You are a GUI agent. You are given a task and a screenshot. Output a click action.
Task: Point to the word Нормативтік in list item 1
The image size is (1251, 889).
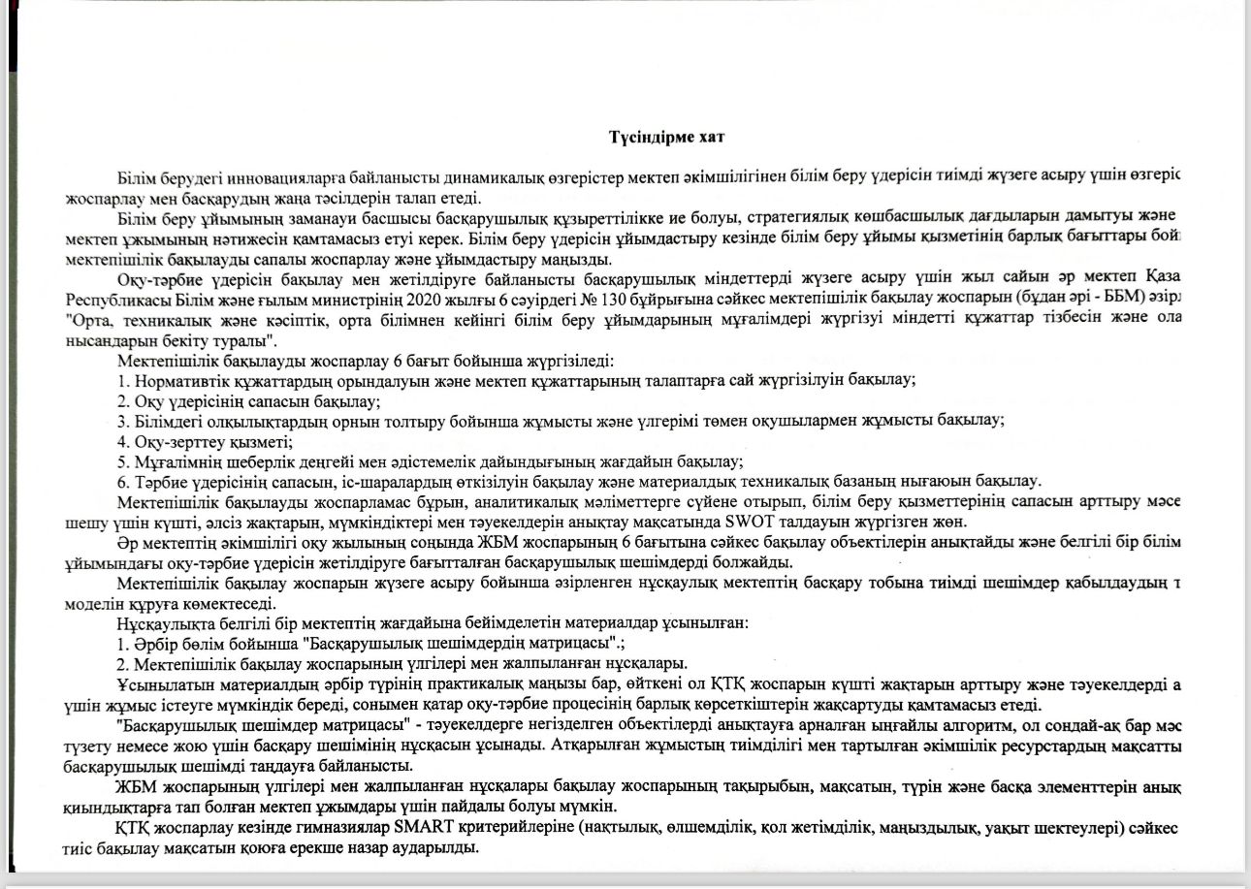coord(177,380)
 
